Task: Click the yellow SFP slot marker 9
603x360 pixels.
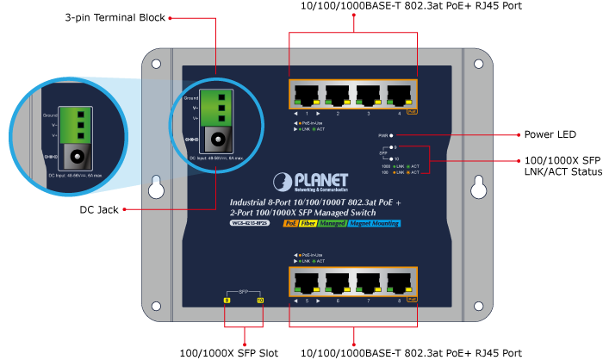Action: pos(227,301)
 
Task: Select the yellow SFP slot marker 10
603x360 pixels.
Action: pos(259,301)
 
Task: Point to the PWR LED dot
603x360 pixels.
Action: pos(392,135)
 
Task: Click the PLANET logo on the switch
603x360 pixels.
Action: pos(311,181)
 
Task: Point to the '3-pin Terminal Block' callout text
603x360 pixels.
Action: pos(115,17)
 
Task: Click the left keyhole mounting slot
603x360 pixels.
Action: pos(157,187)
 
